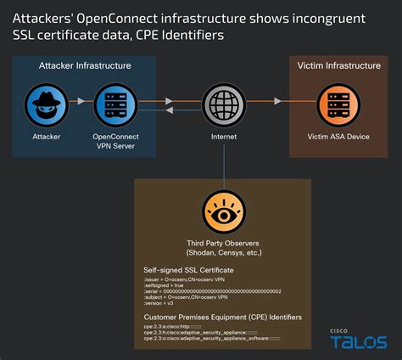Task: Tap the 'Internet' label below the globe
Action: click(223, 135)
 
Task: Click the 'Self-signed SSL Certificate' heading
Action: click(188, 270)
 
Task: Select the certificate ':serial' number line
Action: click(212, 292)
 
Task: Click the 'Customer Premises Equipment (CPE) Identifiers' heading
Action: click(222, 318)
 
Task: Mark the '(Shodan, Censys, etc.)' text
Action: click(223, 253)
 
